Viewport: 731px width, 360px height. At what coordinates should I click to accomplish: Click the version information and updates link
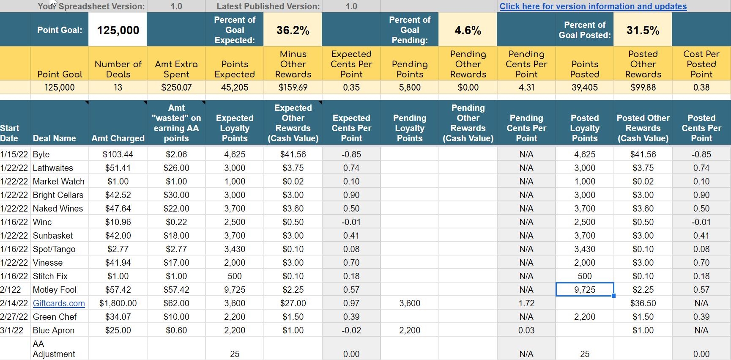click(x=593, y=6)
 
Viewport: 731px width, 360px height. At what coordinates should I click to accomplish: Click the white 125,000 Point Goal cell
click(x=118, y=30)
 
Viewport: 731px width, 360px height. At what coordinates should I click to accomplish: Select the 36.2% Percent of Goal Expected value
click(x=293, y=30)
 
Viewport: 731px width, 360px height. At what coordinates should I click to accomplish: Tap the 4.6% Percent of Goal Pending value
click(x=468, y=30)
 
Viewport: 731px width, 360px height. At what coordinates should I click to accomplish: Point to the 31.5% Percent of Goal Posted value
click(x=643, y=30)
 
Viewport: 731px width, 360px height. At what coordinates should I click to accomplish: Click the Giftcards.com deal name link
click(x=59, y=303)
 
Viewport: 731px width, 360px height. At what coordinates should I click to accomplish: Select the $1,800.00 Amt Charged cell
click(x=118, y=303)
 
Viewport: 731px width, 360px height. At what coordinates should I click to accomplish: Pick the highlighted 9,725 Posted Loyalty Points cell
click(x=585, y=290)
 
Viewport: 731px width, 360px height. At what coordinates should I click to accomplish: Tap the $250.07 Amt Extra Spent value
click(x=176, y=88)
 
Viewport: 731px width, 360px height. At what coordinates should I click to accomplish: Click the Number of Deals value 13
click(x=118, y=88)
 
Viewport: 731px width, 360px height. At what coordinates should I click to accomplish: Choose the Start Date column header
click(x=9, y=133)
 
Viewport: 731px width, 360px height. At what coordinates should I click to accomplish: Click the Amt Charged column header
click(x=118, y=138)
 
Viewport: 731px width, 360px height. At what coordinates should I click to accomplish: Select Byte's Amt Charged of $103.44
click(x=118, y=154)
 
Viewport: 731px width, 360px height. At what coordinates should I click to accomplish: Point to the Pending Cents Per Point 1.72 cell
click(x=526, y=303)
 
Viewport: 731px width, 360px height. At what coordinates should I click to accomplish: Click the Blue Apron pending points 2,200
click(x=410, y=330)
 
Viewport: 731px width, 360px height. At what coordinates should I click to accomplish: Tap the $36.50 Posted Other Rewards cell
click(x=643, y=303)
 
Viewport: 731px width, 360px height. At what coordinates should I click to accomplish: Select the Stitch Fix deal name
click(x=50, y=276)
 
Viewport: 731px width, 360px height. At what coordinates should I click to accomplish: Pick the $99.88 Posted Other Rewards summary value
click(x=643, y=88)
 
